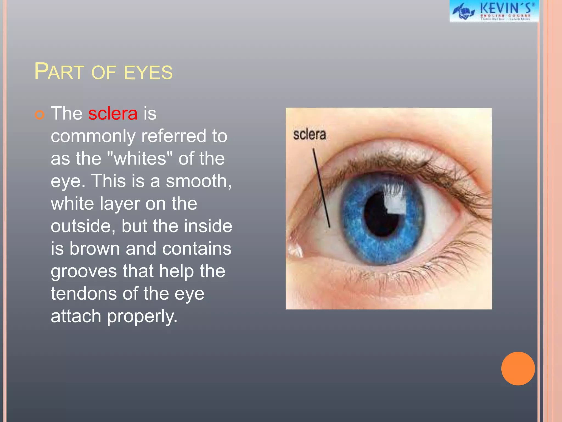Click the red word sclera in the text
click(x=113, y=113)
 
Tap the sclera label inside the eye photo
click(x=309, y=135)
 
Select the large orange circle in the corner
click(x=518, y=368)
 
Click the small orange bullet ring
click(x=40, y=114)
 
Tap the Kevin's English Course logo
click(x=494, y=11)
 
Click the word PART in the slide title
click(x=59, y=72)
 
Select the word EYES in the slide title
click(x=148, y=73)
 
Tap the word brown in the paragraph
click(x=94, y=249)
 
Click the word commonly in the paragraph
click(x=93, y=137)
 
